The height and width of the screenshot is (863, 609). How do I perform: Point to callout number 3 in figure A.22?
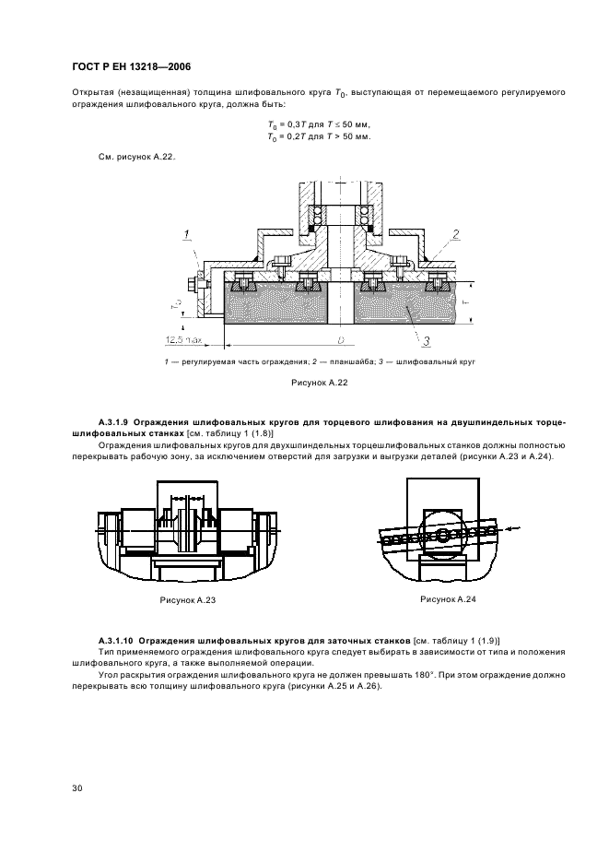point(427,341)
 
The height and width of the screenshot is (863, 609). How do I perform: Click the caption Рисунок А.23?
point(186,598)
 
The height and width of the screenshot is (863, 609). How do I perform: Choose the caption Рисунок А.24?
point(447,598)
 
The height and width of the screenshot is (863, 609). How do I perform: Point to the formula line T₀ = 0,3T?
point(318,124)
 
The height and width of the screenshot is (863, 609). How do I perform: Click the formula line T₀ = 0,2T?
point(318,136)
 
